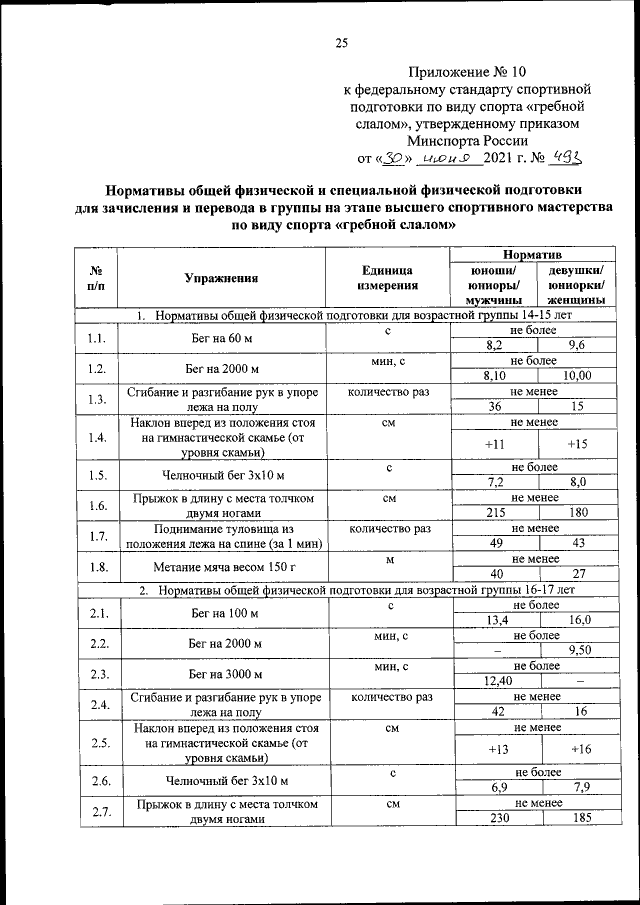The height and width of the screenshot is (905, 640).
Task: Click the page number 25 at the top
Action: [340, 42]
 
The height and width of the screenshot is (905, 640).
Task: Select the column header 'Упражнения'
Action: [222, 279]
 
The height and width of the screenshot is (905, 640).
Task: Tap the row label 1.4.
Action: [97, 437]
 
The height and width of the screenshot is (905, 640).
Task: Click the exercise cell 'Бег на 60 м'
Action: [222, 338]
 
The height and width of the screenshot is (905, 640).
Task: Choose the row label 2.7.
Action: [98, 811]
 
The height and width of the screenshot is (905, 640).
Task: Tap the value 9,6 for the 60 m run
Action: [577, 345]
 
